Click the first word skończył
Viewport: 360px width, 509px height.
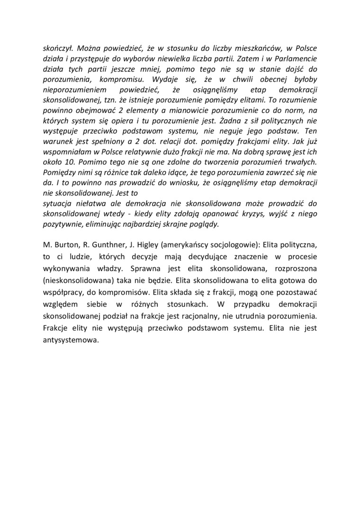(58, 49)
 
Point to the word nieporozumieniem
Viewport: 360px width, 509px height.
(75, 90)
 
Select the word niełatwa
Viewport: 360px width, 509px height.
(89, 204)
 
